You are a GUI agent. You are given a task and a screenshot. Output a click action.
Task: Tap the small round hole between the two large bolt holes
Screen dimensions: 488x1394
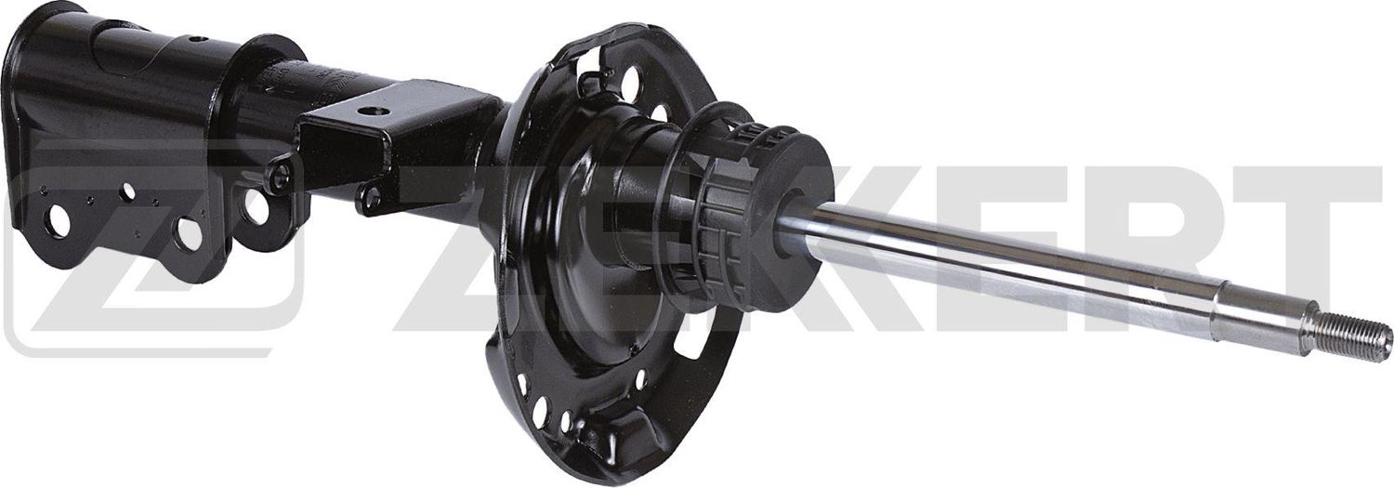[127, 192]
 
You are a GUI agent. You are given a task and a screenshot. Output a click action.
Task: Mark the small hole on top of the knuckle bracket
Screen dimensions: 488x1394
[196, 40]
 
